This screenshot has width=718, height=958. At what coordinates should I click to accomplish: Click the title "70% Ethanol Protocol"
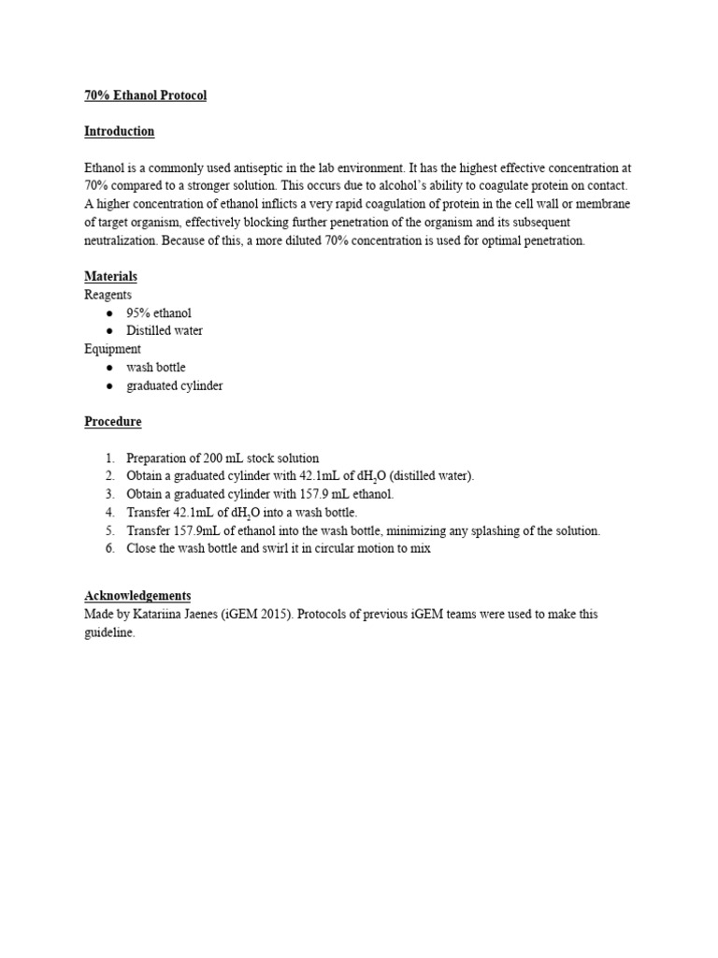(145, 95)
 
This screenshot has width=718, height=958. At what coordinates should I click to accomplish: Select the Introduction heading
(120, 132)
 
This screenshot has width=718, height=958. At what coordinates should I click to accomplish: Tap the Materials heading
(111, 277)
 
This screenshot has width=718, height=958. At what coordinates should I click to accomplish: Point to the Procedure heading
(113, 422)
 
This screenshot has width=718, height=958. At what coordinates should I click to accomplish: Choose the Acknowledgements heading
(137, 596)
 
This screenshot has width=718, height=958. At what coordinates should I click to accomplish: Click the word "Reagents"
(108, 295)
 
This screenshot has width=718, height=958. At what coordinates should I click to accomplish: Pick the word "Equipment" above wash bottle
(113, 349)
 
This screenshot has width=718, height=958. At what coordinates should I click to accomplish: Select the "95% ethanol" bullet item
(159, 312)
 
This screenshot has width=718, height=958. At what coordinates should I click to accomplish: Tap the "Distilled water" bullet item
(165, 330)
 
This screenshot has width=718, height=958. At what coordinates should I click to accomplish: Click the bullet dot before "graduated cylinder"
(110, 385)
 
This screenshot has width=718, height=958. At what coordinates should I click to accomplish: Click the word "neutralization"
(122, 240)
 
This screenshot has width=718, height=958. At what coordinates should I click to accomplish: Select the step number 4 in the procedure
(109, 513)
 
